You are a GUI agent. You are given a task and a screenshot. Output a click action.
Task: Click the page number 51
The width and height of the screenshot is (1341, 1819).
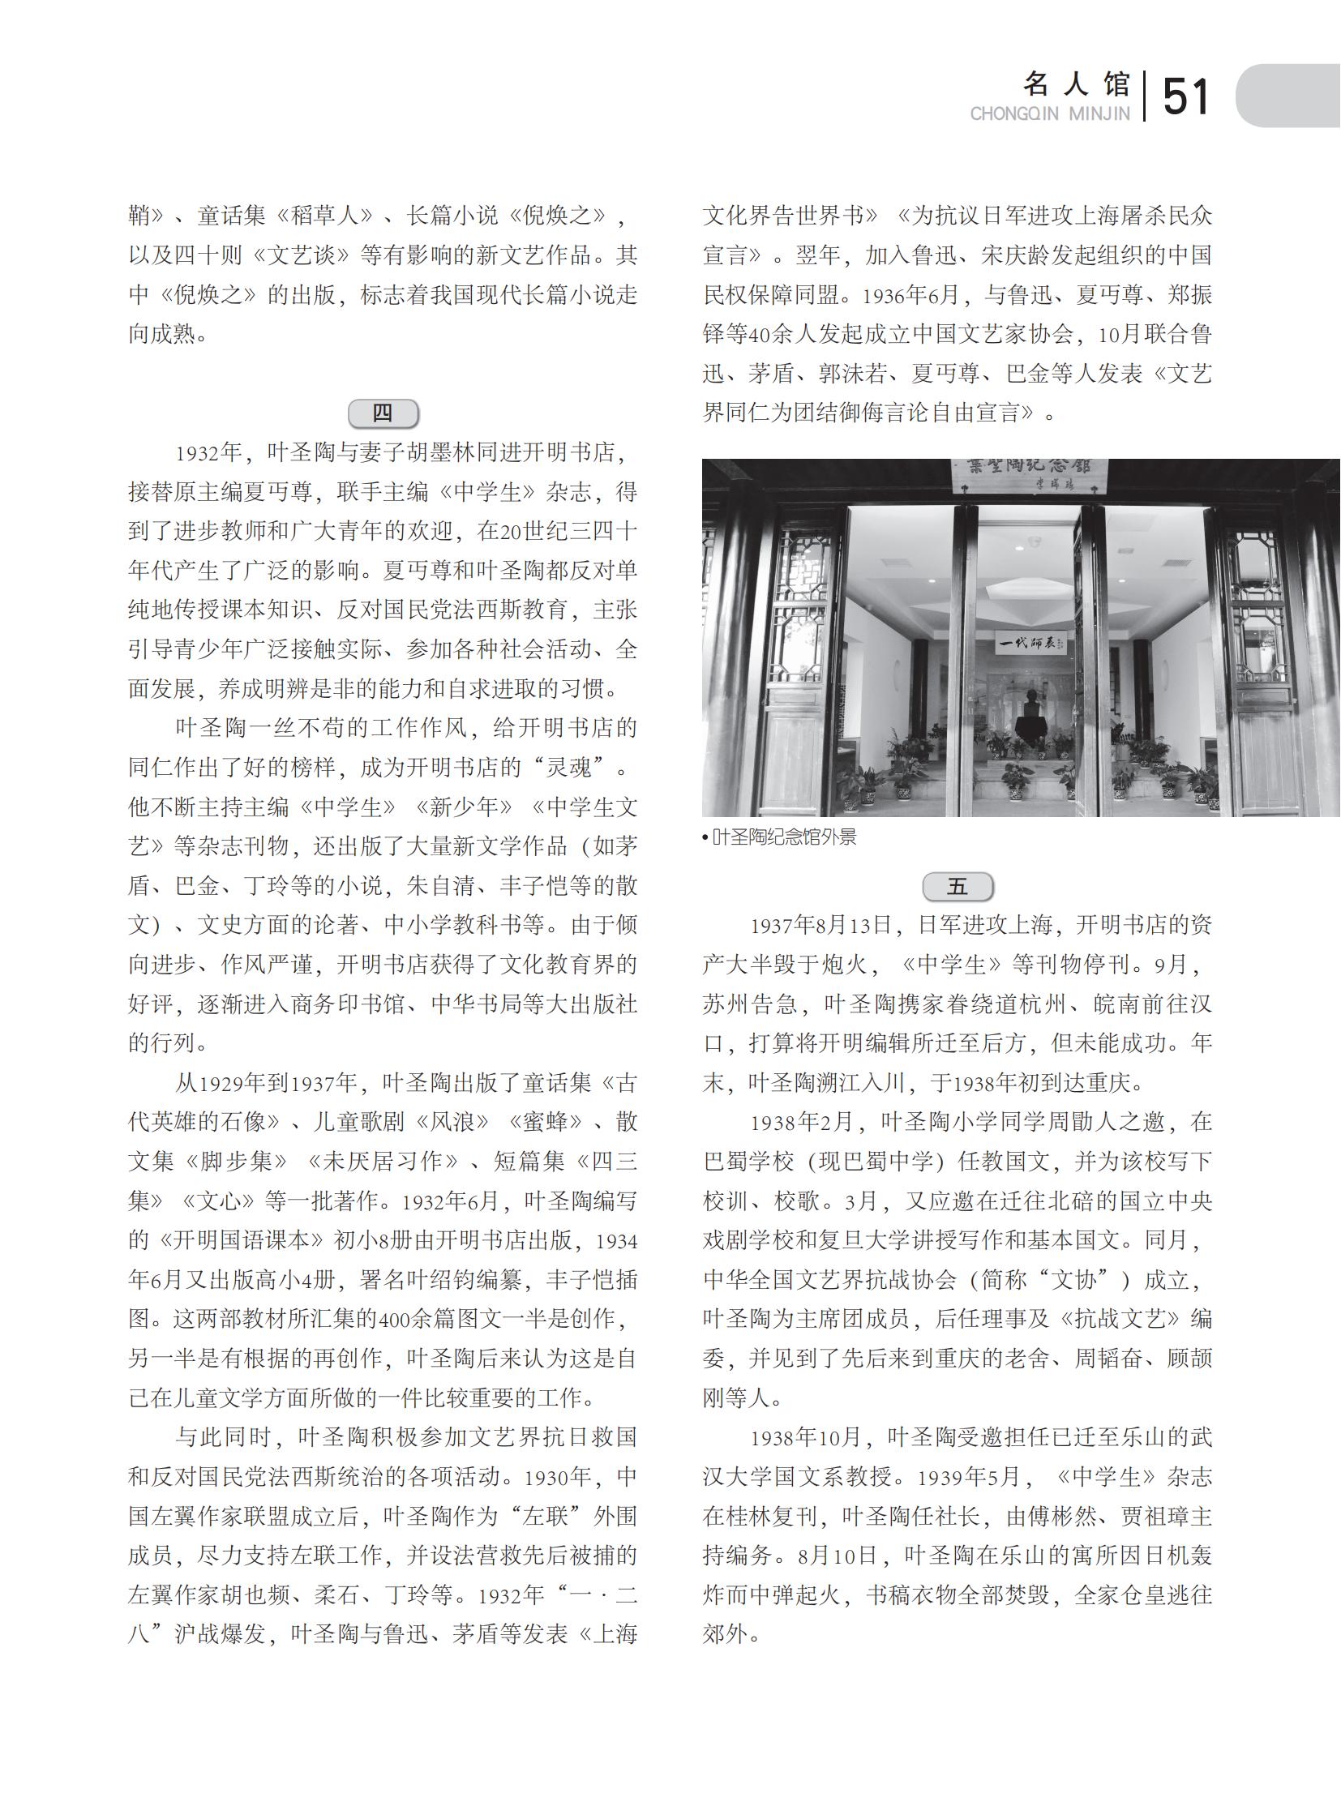[x=1185, y=97]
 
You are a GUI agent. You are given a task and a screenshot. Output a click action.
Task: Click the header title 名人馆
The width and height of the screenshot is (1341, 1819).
[x=1077, y=83]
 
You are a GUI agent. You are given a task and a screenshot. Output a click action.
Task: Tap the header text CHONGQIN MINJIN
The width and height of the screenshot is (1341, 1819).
[x=1050, y=114]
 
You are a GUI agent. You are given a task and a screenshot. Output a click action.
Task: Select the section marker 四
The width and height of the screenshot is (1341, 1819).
[x=383, y=413]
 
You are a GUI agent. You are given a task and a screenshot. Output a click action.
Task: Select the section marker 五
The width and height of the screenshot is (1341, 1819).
[x=958, y=886]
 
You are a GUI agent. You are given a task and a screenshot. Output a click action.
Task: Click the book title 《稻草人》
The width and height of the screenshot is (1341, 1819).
[x=323, y=215]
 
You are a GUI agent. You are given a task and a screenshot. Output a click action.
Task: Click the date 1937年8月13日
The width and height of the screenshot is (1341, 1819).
[x=820, y=926]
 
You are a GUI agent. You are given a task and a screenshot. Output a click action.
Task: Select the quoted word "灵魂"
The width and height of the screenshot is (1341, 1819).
[x=569, y=767]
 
